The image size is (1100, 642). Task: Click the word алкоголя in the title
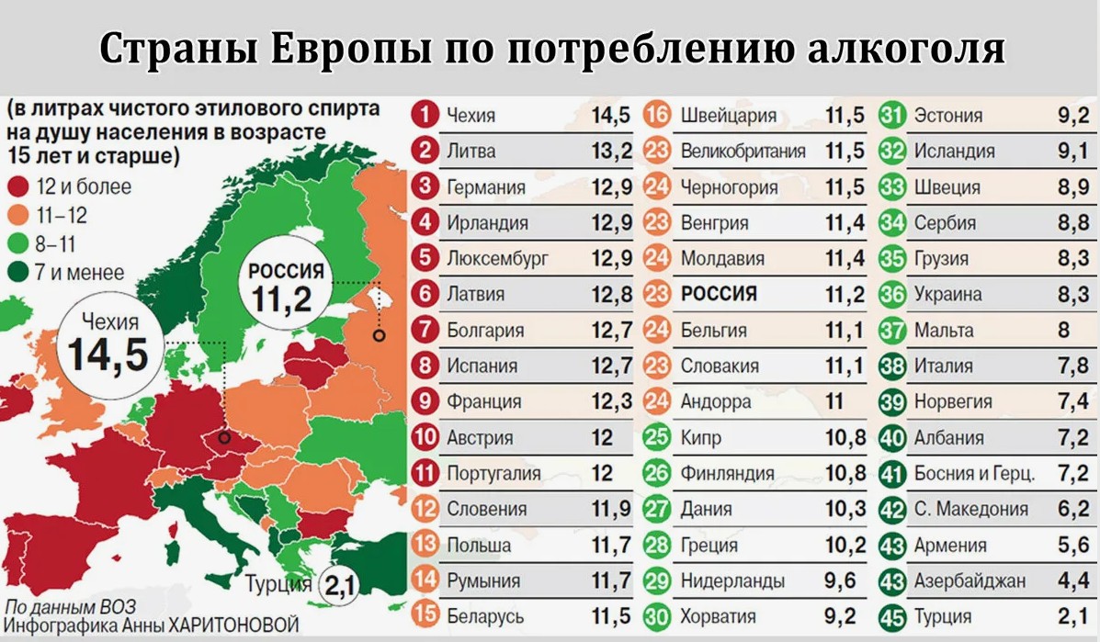906,48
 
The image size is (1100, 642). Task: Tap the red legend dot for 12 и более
18,186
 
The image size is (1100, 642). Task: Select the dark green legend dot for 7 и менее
18,272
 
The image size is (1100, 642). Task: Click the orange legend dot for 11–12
18,215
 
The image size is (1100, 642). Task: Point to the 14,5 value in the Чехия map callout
108,354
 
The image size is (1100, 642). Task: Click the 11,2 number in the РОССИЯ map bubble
282,299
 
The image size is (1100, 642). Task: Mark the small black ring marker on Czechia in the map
224,438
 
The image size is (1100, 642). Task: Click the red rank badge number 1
425,114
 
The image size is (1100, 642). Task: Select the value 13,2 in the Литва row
611,151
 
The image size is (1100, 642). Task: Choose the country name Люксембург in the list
497,259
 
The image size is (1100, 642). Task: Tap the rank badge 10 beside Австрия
425,437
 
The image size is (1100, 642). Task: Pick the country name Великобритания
743,151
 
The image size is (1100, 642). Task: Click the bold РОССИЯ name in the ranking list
719,294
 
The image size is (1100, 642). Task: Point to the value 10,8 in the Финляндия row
845,473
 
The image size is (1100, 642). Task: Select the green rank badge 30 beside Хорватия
657,616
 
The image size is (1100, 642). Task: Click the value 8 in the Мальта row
1063,330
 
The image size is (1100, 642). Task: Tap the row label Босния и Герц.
974,474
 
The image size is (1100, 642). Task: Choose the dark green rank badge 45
892,617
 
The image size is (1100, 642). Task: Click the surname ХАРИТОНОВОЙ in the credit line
232,625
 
